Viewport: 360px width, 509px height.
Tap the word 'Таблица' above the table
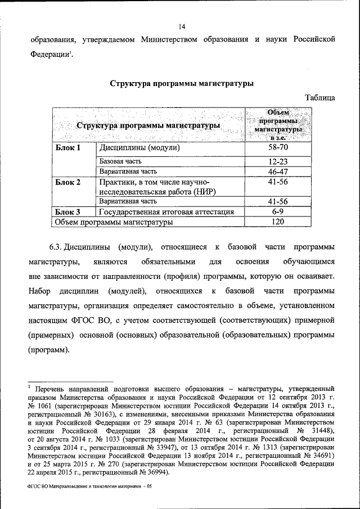pos(320,98)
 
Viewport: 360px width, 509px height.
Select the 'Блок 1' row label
pos(68,148)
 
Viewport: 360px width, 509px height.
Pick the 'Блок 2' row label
pos(68,182)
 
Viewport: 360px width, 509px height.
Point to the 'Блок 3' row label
pos(68,212)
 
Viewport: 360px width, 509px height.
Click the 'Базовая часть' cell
pos(121,162)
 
